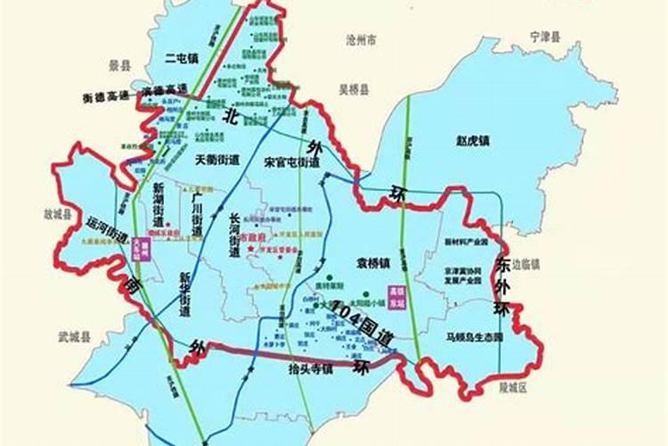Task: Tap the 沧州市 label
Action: pos(362,40)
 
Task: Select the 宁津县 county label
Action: pos(545,37)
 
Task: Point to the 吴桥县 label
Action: pos(354,89)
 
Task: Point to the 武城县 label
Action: pos(75,336)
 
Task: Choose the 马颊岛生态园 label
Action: pos(475,338)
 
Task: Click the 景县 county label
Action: pos(119,65)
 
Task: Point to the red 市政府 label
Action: pos(254,240)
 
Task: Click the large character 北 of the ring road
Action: pos(232,116)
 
